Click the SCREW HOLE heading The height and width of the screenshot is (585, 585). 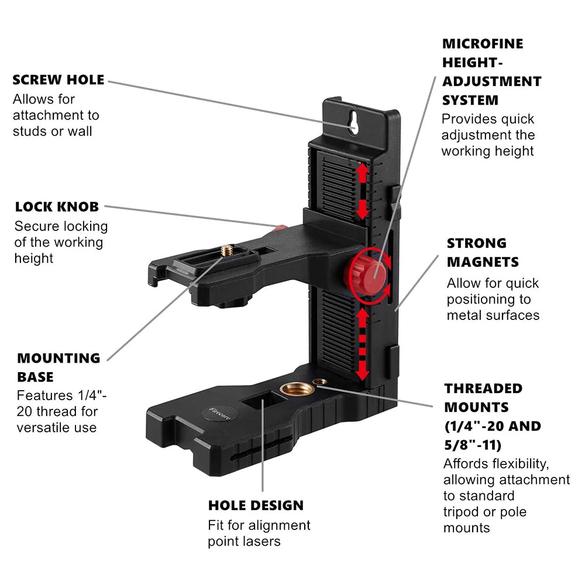58,80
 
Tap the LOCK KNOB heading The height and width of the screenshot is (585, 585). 57,207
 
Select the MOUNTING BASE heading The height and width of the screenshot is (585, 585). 58,367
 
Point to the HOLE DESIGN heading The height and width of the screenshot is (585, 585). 256,505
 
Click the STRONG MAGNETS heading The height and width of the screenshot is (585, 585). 483,252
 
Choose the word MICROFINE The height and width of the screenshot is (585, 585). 483,43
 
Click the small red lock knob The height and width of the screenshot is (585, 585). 281,227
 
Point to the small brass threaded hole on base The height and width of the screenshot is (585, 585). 319,382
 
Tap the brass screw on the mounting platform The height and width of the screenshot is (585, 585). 226,250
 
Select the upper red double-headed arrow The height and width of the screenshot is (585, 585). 363,191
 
